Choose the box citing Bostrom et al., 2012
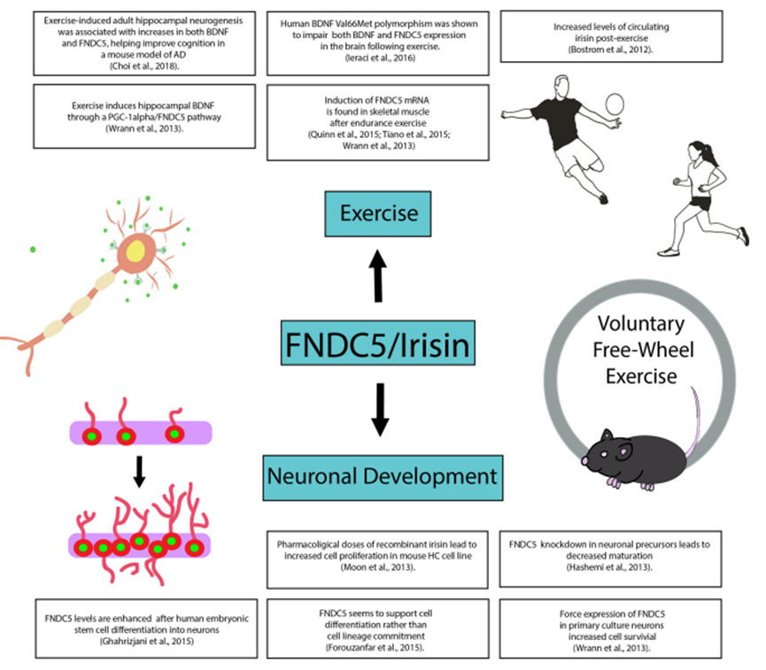[x=618, y=40]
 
